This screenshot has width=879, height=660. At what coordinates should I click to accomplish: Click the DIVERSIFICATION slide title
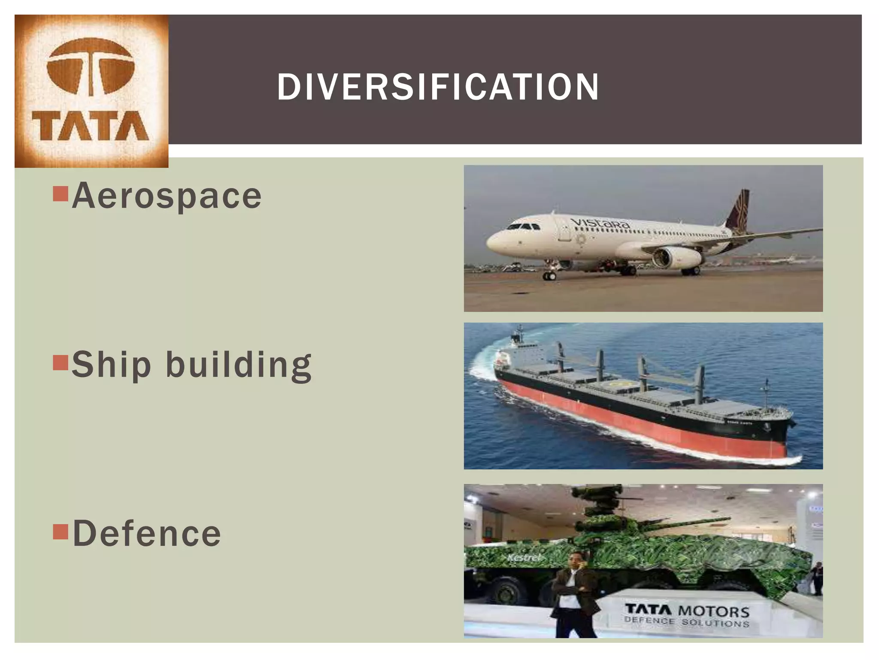(x=437, y=87)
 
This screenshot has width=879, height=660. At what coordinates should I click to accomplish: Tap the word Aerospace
(x=167, y=196)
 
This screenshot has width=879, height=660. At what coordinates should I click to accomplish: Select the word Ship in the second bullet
(x=111, y=365)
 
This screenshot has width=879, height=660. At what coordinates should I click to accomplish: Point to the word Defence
(x=147, y=533)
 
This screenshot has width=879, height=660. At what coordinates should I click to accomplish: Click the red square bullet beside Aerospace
(x=61, y=194)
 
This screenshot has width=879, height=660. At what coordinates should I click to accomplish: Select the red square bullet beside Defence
(x=61, y=532)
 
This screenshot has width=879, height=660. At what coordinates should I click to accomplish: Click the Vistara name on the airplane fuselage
(x=600, y=223)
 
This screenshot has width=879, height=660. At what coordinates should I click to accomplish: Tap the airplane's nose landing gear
(x=549, y=274)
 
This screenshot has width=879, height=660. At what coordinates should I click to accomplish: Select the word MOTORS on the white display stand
(x=713, y=611)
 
